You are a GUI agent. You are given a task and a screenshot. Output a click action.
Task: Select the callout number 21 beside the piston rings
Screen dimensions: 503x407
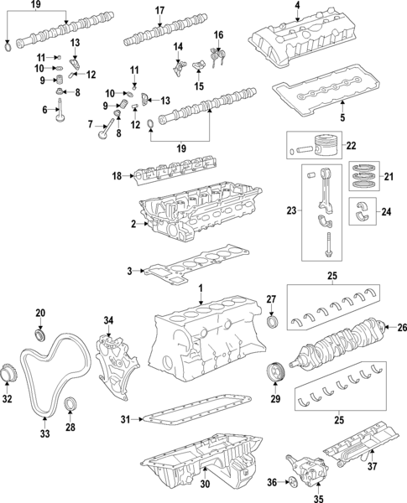tap(388, 176)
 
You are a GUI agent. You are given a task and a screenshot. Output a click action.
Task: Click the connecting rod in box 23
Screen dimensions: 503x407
tap(323, 201)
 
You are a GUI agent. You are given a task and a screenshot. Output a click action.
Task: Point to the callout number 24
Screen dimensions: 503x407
tap(388, 211)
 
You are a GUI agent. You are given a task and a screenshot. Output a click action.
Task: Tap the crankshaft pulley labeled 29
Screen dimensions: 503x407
tap(273, 372)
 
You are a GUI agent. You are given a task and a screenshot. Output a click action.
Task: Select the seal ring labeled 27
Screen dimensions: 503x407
tap(272, 324)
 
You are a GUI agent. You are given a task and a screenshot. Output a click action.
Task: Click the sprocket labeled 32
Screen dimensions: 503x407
tap(8, 371)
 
